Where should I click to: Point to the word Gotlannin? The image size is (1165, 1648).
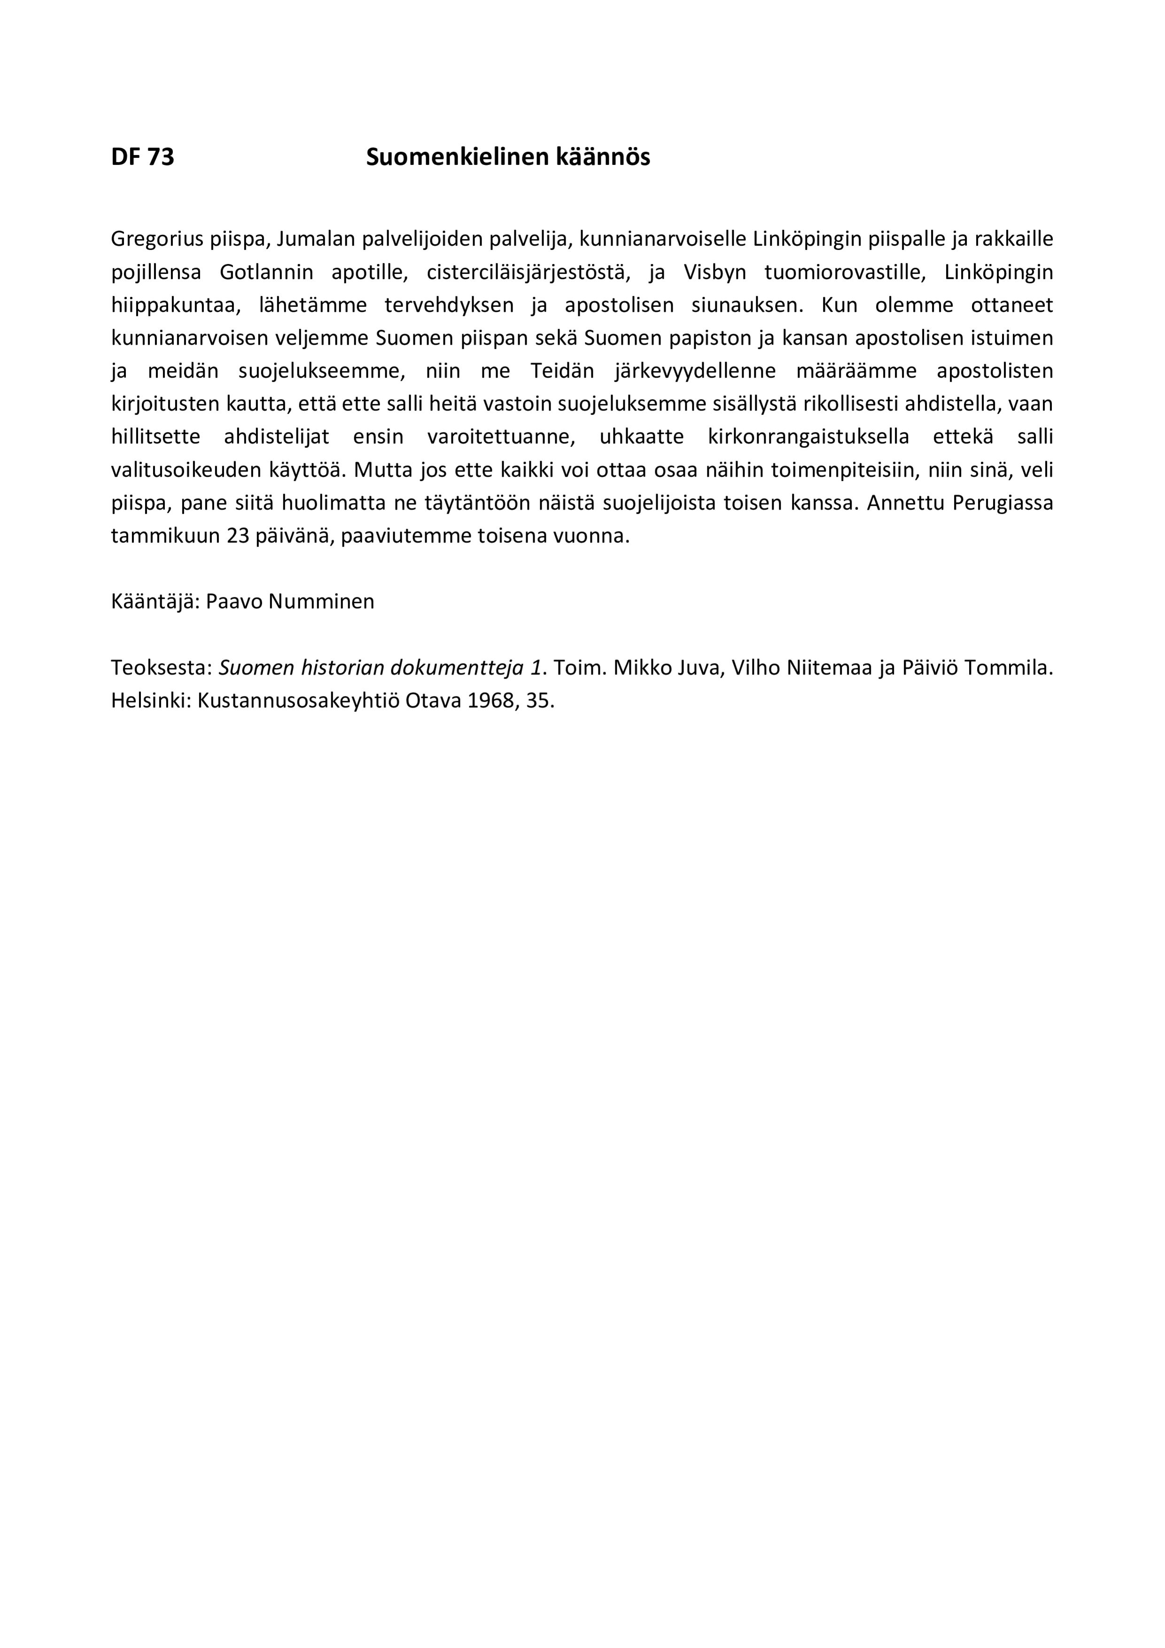(x=267, y=273)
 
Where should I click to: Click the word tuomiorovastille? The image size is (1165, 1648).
(x=844, y=273)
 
